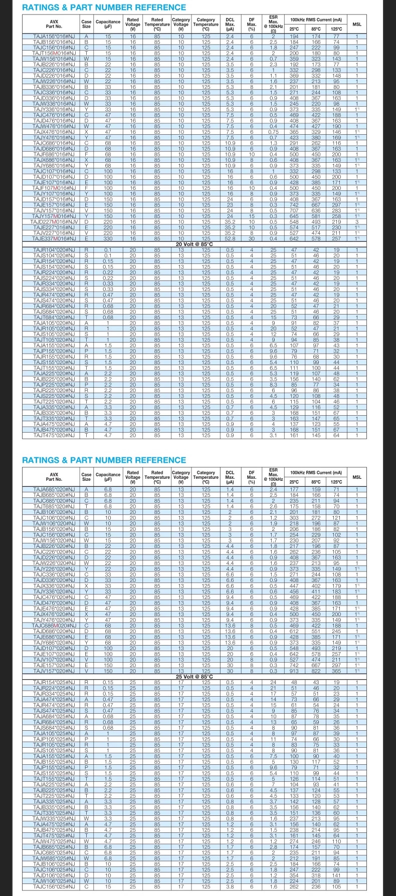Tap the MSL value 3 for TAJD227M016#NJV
pos(357,222)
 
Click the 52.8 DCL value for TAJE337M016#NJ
pos(230,238)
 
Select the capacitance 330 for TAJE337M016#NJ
pos(108,238)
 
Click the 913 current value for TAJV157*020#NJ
pos(294,671)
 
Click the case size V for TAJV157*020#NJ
pos(87,671)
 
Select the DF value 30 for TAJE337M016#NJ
pos(252,238)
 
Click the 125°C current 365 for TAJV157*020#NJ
pos(336,671)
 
